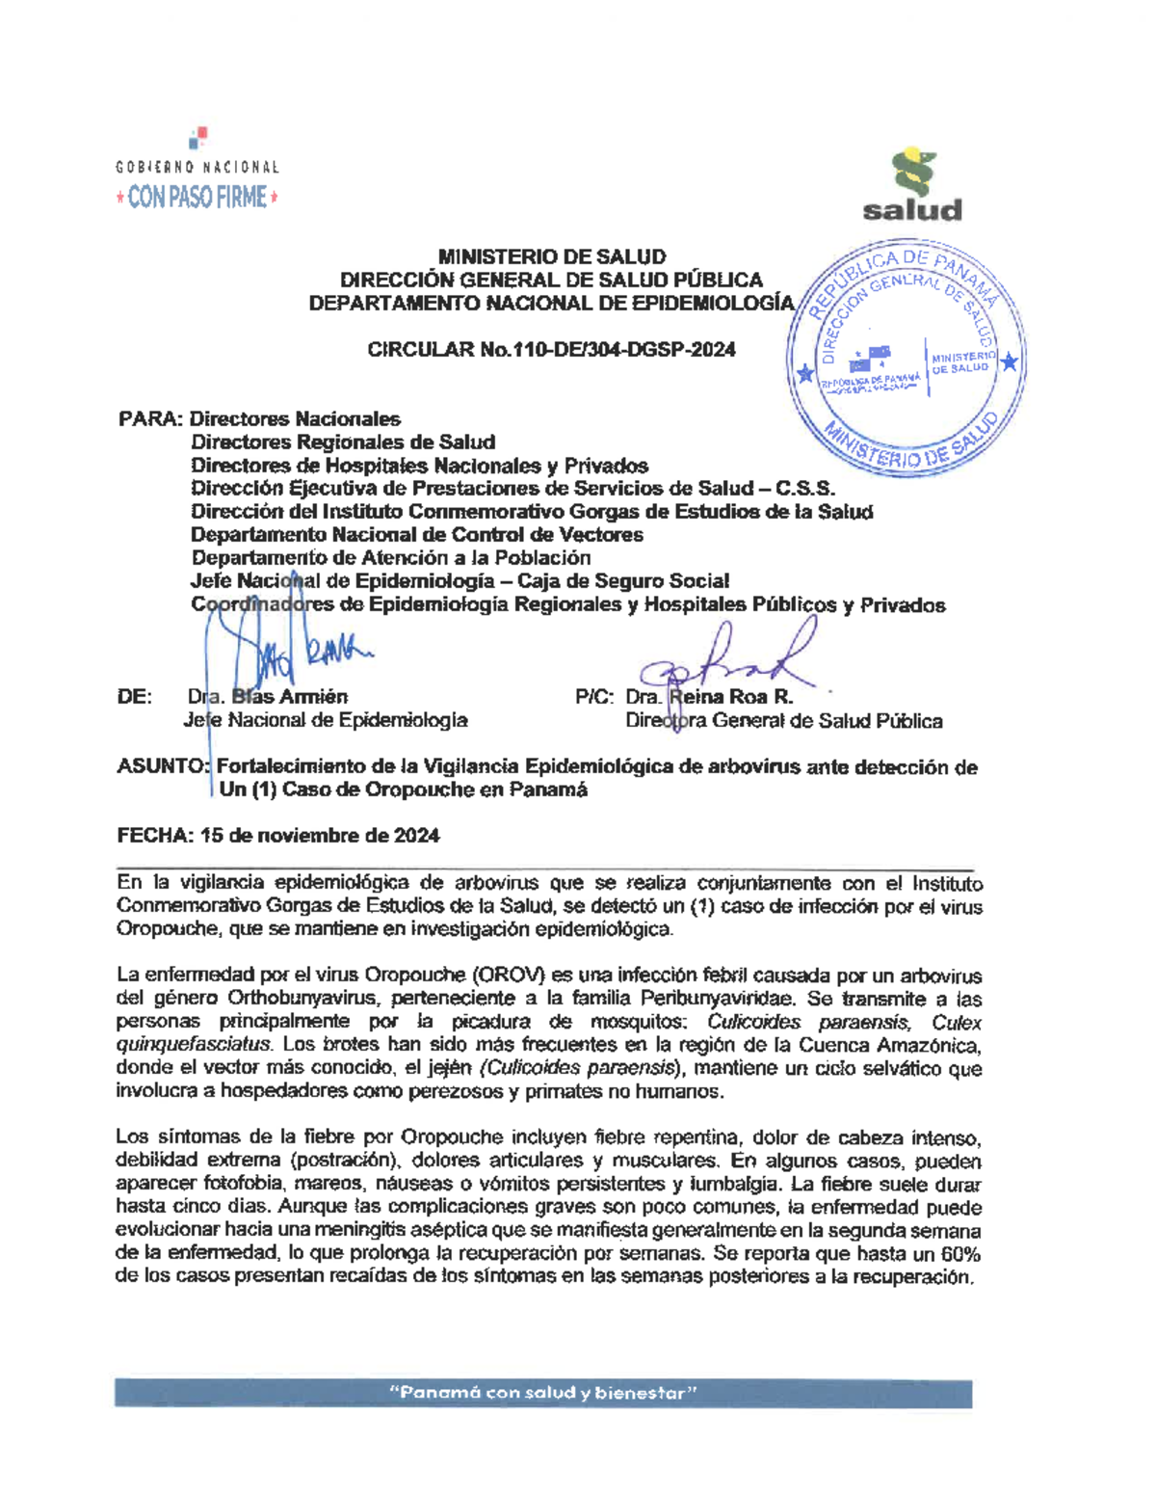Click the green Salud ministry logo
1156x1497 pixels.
point(911,185)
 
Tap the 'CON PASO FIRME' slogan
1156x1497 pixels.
point(197,198)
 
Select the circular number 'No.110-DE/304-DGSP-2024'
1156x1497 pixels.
point(607,350)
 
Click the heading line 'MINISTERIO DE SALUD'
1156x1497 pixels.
point(551,256)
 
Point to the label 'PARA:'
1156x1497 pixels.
point(150,419)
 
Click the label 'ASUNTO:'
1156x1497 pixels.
point(162,767)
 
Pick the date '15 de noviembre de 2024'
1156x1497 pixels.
point(320,836)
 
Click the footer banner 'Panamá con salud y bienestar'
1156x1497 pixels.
point(542,1393)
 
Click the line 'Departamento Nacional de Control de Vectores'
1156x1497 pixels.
point(416,535)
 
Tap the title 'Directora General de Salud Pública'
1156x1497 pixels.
point(783,721)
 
